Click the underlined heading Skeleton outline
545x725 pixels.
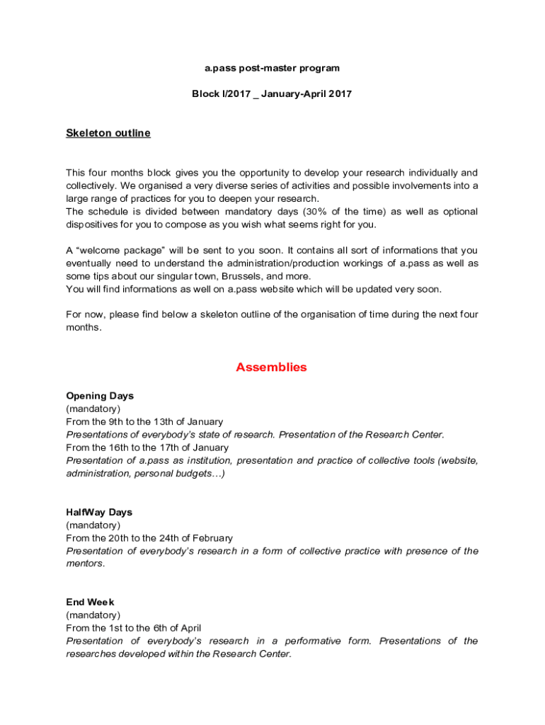108,133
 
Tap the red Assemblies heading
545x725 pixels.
272,367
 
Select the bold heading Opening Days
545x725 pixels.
100,396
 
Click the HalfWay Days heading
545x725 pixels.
99,512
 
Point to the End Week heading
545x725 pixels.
90,602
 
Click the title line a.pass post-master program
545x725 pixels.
272,68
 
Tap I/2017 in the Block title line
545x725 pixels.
236,93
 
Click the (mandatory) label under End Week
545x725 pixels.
93,615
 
